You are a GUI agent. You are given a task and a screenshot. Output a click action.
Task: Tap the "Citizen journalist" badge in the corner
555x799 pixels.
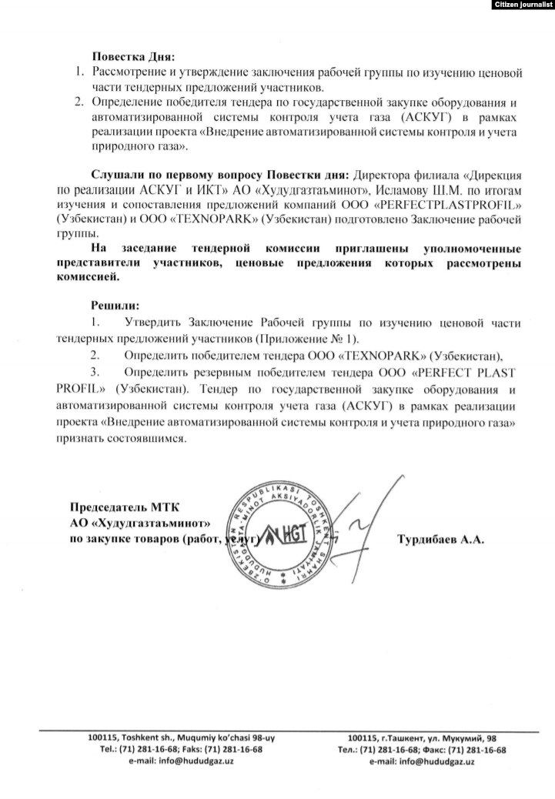point(522,5)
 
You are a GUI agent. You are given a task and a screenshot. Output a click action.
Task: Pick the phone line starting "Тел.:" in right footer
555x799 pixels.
point(421,749)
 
